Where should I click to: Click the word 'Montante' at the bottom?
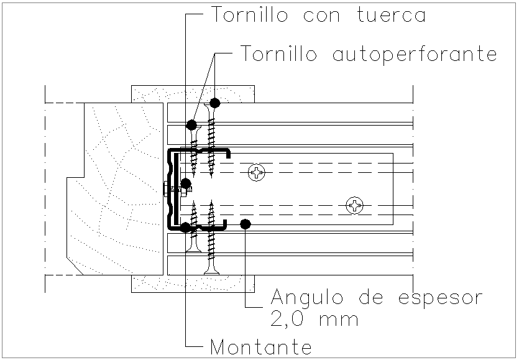pyautogui.click(x=261, y=345)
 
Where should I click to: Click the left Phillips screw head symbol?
pyautogui.click(x=256, y=173)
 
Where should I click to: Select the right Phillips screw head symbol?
pyautogui.click(x=355, y=205)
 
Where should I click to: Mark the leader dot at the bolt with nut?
pyautogui.click(x=185, y=183)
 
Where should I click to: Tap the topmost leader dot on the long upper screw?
pyautogui.click(x=215, y=102)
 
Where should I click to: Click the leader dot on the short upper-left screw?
pyautogui.click(x=191, y=124)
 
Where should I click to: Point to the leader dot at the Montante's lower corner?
pyautogui.click(x=185, y=227)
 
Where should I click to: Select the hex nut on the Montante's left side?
pyautogui.click(x=167, y=189)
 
